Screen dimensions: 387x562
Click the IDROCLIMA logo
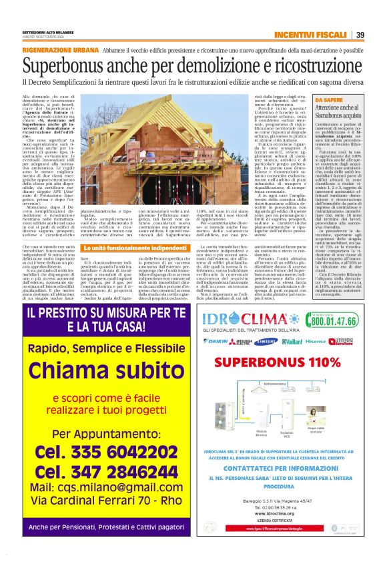246,317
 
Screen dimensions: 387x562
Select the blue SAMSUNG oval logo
266,340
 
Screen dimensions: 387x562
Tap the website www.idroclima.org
286,513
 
